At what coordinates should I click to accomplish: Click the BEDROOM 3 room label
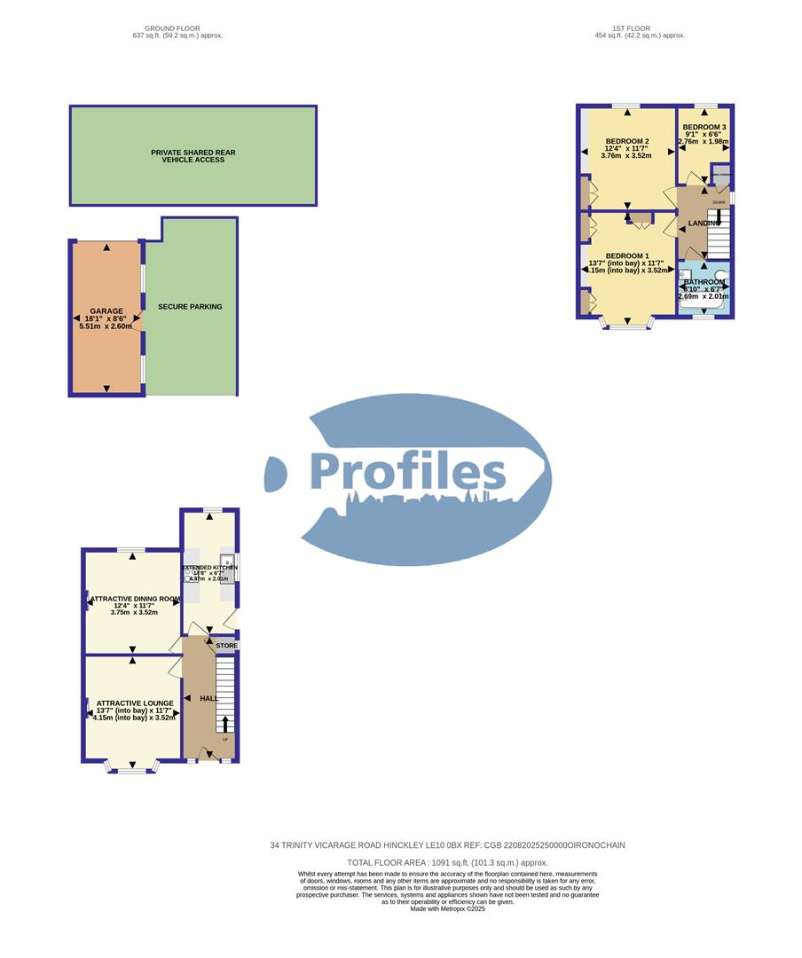point(704,128)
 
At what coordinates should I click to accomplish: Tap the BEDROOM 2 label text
point(627,142)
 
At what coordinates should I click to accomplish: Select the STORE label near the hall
point(226,646)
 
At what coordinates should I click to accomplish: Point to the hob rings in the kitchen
point(190,576)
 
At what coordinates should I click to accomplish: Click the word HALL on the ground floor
point(209,699)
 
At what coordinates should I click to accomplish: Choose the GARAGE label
point(106,311)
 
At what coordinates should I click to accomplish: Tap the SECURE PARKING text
point(190,307)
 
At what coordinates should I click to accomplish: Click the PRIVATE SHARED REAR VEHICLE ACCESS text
point(193,156)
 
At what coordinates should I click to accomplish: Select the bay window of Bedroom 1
point(627,326)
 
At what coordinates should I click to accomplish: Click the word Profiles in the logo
point(408,473)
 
